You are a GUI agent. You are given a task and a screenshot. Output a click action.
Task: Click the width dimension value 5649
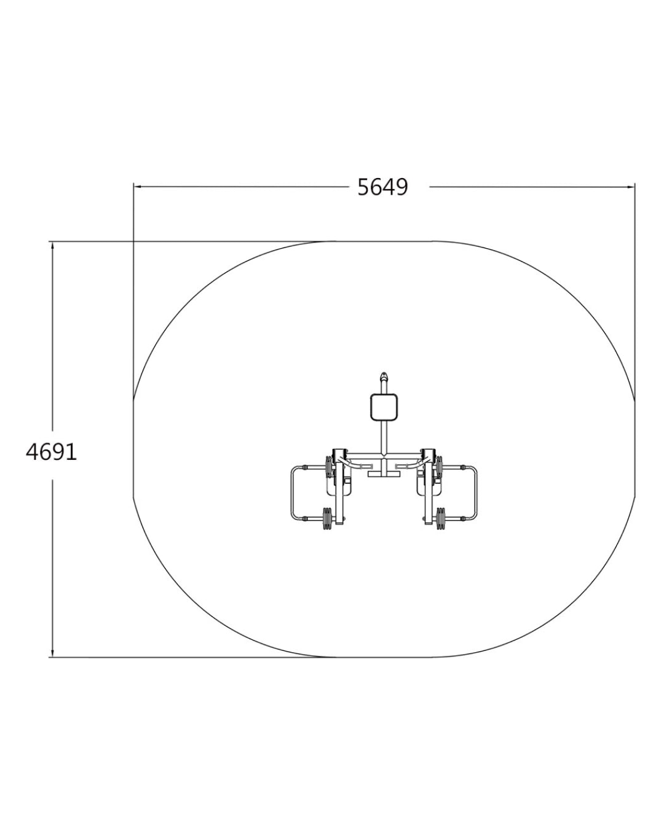[382, 188]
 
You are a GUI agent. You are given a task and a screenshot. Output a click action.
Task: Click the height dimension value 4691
[51, 452]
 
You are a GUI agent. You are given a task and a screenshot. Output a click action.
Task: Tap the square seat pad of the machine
[384, 407]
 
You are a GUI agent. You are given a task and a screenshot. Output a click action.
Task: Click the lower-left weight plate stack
[327, 518]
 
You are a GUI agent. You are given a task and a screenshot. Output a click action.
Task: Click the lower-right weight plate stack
[440, 518]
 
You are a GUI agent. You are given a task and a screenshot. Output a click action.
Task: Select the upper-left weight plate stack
[329, 467]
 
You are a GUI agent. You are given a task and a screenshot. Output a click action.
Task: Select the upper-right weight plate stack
[439, 467]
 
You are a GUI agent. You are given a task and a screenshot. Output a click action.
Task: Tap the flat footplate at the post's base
[384, 474]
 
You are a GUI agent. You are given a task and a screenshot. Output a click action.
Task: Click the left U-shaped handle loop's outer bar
[291, 493]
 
